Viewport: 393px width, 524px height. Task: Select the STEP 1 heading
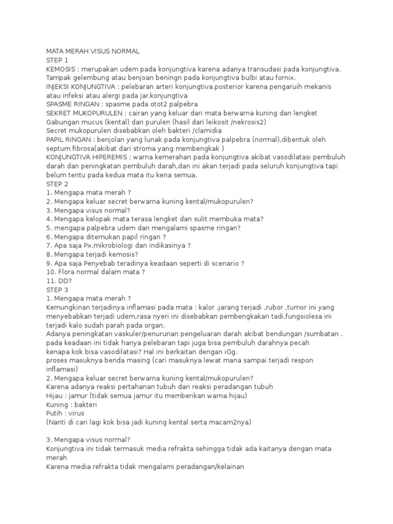[x=57, y=60]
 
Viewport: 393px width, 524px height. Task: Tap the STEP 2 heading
[x=57, y=184]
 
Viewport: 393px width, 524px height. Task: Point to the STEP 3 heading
[x=57, y=290]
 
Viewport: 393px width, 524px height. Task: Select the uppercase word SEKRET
[x=59, y=113]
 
